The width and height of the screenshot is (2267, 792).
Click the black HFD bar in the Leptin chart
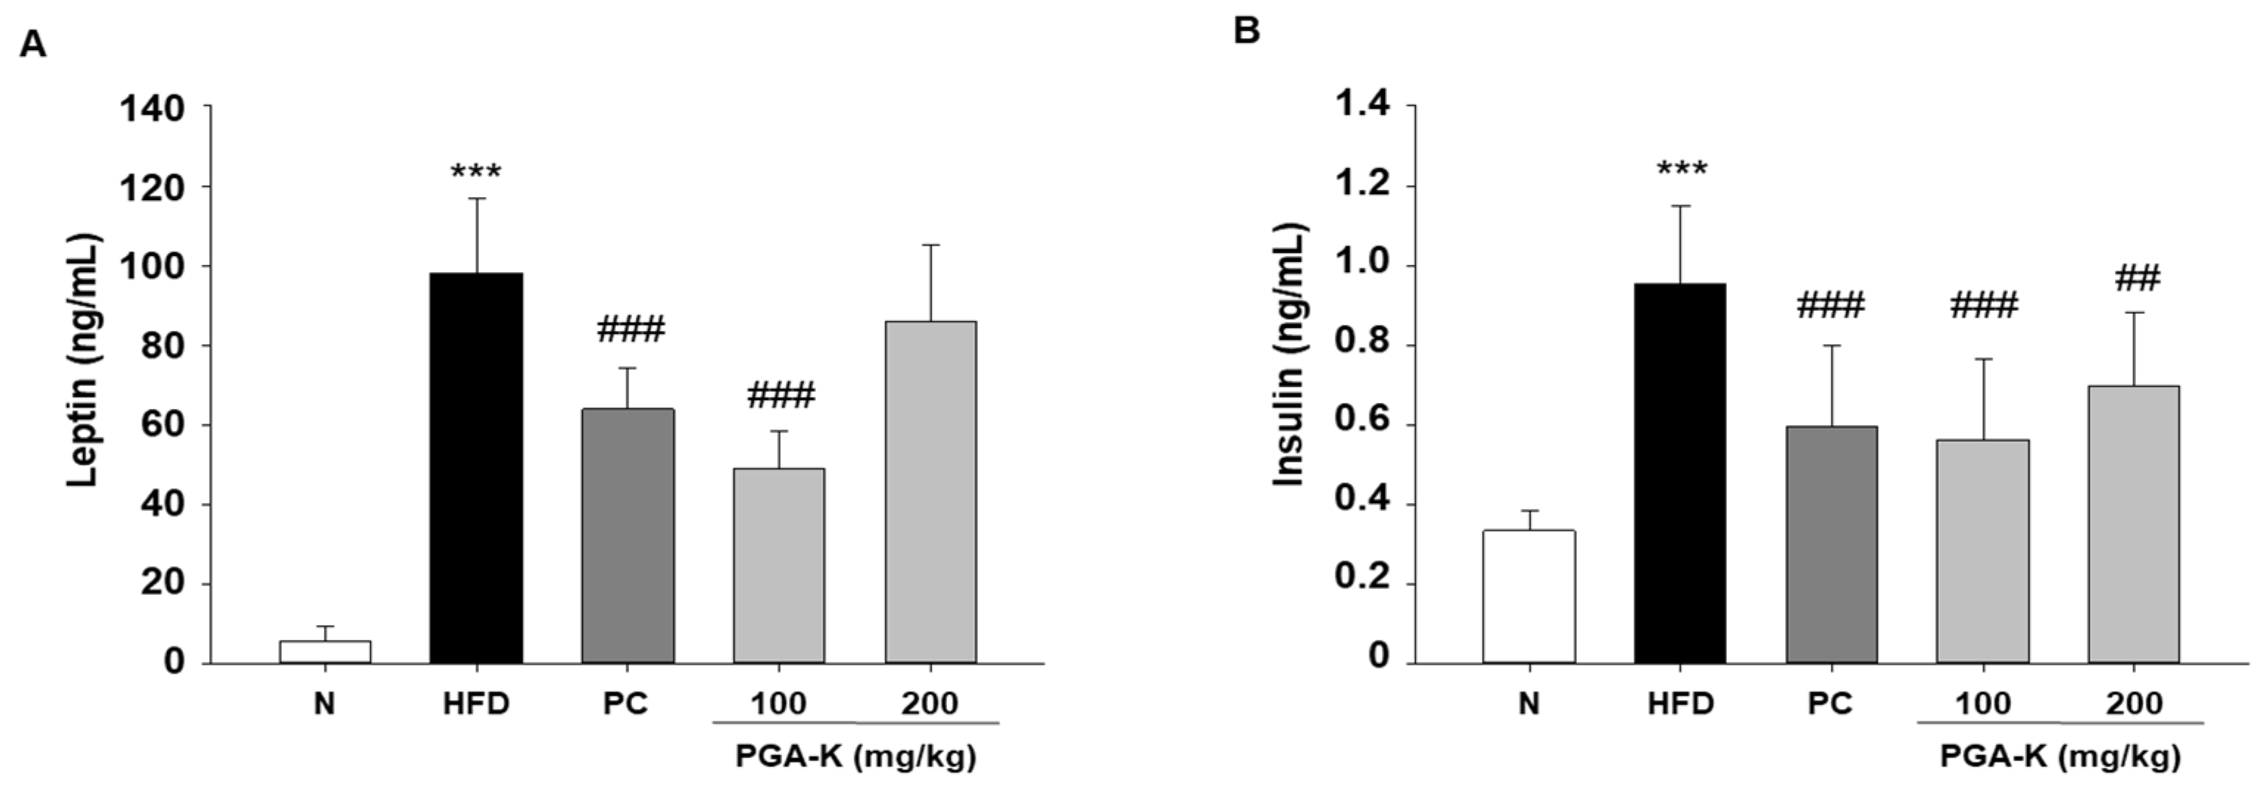[x=476, y=466]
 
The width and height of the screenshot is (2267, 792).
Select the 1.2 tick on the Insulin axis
[x=1363, y=185]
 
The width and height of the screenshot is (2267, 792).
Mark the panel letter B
[x=1246, y=31]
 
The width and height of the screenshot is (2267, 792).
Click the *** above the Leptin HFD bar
[x=476, y=171]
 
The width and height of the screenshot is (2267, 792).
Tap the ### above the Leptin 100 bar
[x=781, y=395]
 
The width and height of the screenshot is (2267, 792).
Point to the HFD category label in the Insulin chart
[x=1681, y=704]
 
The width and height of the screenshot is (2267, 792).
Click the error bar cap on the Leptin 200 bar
[x=930, y=246]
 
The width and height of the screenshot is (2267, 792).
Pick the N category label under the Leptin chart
[x=324, y=704]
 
